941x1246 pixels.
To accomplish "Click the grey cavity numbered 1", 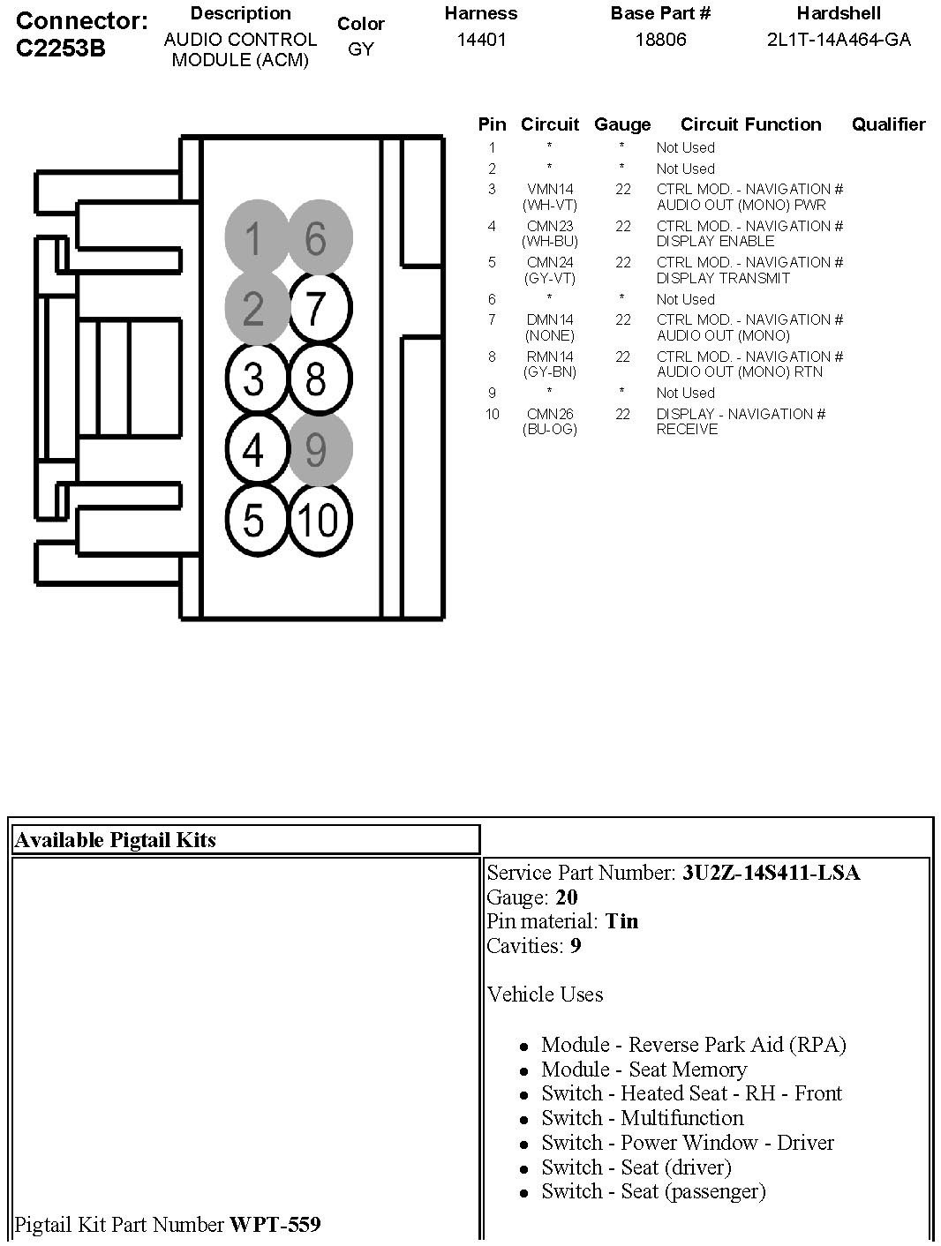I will tap(253, 238).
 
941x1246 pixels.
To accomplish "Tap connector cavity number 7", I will tap(316, 309).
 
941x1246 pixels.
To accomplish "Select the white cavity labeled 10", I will tap(317, 521).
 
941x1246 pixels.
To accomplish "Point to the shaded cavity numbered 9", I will tap(317, 450).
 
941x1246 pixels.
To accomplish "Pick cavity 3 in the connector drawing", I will tap(253, 379).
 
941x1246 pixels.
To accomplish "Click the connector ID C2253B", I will tap(60, 48).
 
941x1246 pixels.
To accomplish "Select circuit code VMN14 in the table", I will tap(549, 189).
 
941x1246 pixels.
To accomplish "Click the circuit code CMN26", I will tap(549, 414).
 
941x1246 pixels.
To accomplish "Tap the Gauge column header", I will tap(622, 124).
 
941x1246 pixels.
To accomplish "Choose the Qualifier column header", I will tap(888, 124).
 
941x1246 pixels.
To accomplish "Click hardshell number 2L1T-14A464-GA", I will tap(839, 40).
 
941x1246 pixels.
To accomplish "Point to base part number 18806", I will tap(660, 40).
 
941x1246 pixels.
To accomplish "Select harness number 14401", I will tap(481, 40).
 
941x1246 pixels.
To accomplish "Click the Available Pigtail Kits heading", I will tap(115, 839).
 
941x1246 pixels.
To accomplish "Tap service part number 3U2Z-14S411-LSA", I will tap(771, 873).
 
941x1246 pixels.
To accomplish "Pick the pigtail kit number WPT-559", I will tap(275, 1225).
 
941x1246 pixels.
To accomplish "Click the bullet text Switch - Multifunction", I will tap(642, 1118).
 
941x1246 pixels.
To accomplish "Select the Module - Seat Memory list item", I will tap(644, 1070).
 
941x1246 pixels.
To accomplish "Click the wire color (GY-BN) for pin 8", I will tap(549, 372).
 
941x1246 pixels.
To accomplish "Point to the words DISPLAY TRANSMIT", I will tap(723, 278).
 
